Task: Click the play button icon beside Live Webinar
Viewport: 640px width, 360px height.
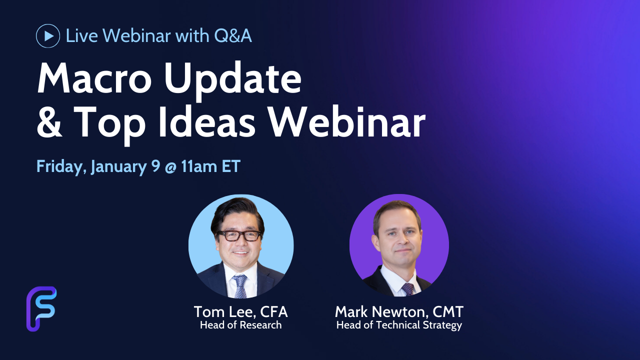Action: tap(48, 36)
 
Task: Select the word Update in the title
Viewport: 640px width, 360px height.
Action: tap(233, 80)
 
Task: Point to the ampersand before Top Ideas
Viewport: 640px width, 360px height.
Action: tap(49, 122)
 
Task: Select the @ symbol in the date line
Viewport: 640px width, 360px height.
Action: tap(170, 167)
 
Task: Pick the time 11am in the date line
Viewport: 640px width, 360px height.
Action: tap(199, 167)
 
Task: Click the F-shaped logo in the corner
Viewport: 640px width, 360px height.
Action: tap(41, 309)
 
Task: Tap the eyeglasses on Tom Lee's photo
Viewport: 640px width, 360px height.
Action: tap(238, 235)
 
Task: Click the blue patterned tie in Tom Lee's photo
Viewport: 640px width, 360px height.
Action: tap(239, 286)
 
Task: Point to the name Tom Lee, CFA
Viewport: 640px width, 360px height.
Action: tap(240, 311)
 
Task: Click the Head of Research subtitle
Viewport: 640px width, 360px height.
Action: tap(240, 325)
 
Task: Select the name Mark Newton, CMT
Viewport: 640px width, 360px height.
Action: tap(399, 311)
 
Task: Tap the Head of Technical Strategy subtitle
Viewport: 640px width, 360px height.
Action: tap(399, 325)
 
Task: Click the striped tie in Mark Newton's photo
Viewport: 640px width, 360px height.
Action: tap(407, 289)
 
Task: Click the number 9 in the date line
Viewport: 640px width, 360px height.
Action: tap(155, 166)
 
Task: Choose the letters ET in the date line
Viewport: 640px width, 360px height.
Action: tap(231, 167)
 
